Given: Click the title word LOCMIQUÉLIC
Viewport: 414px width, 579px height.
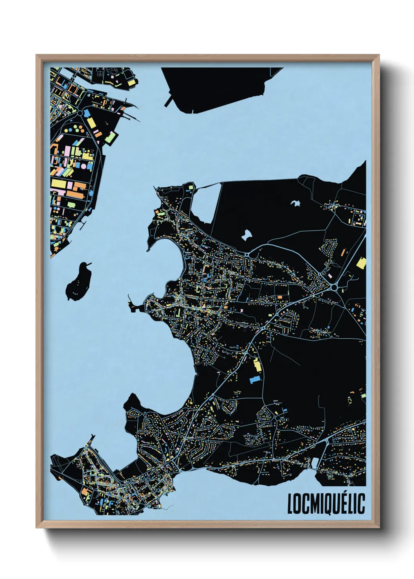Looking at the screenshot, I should [x=326, y=504].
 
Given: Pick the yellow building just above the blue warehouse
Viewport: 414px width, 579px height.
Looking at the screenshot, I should [x=257, y=365].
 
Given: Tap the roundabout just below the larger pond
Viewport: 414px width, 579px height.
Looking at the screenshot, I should [x=247, y=255].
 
